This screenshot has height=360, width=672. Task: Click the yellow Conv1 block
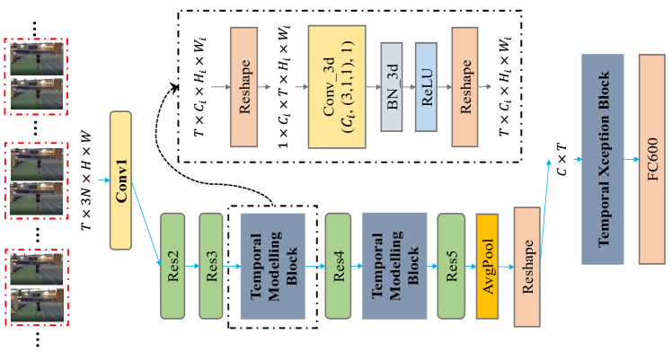[x=120, y=180]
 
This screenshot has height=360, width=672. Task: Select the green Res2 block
[x=172, y=266]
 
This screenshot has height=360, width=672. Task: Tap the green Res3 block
[x=210, y=266]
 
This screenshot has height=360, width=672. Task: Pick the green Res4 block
[x=338, y=266]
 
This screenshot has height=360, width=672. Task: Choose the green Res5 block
[x=451, y=266]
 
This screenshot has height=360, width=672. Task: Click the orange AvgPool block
[x=488, y=266]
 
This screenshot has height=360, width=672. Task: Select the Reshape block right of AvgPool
[x=526, y=266]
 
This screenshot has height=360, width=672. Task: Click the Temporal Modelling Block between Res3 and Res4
[x=272, y=266]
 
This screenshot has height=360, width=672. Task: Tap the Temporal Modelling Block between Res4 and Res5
[x=394, y=266]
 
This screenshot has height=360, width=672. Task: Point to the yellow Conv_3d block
[x=336, y=86]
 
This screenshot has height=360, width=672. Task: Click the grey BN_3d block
[x=391, y=87]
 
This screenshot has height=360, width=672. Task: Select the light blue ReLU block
[x=426, y=87]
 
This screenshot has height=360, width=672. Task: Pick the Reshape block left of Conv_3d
[x=243, y=86]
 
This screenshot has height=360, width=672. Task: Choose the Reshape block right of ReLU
[x=464, y=86]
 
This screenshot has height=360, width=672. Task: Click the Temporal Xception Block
[x=615, y=159]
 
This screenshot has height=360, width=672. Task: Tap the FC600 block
[x=651, y=159]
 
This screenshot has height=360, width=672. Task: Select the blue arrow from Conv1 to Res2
[x=146, y=224]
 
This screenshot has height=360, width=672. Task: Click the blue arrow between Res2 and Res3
[x=191, y=267]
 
